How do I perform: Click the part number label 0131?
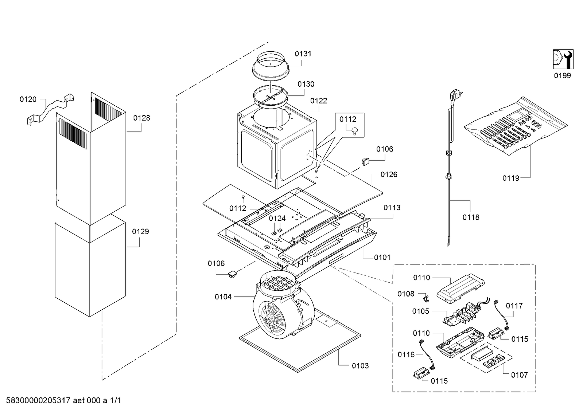coord(303,54)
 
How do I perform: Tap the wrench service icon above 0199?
coord(563,59)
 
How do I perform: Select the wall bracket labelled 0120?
coord(50,110)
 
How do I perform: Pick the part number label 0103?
coord(360,366)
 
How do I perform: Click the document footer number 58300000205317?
coord(38,400)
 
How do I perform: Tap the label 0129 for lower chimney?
coord(140,231)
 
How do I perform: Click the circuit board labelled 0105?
coord(462,313)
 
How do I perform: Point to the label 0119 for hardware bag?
coord(511,178)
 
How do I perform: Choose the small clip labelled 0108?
coord(426,299)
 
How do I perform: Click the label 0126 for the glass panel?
coord(389,174)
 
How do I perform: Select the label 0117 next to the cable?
coord(514,306)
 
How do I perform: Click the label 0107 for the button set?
coord(520,375)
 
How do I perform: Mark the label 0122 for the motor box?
coord(319,101)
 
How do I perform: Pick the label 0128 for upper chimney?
coord(141,118)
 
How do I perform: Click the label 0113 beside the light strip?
coord(392,208)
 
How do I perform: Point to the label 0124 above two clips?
coord(277,219)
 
